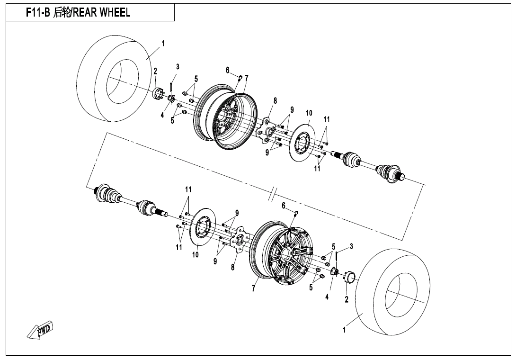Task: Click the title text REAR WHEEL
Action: click(x=101, y=13)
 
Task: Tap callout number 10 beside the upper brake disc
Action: click(x=309, y=113)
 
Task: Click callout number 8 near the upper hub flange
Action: click(x=275, y=101)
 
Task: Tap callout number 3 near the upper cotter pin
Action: click(x=178, y=66)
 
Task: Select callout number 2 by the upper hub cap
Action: click(x=155, y=72)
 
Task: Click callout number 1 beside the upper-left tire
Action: click(x=163, y=43)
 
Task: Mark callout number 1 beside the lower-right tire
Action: click(x=344, y=330)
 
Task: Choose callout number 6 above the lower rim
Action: click(x=283, y=206)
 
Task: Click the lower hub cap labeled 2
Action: click(x=351, y=277)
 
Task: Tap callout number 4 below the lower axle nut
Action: click(x=327, y=297)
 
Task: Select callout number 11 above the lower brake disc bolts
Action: click(x=188, y=189)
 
